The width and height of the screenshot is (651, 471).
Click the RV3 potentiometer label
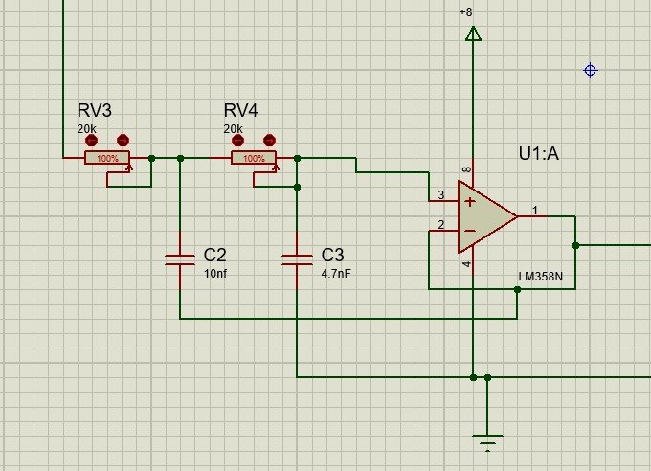click(x=95, y=111)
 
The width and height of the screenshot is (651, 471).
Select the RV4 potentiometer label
click(x=241, y=111)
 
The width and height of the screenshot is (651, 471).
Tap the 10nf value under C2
click(x=214, y=274)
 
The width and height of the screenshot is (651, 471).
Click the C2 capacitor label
click(x=214, y=256)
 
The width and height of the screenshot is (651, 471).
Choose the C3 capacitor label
click(x=332, y=256)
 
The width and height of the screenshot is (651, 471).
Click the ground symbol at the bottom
click(x=488, y=441)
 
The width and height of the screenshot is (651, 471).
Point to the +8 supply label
click(x=465, y=11)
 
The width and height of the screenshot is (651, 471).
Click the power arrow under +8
click(x=472, y=34)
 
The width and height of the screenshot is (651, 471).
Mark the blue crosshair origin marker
click(x=591, y=70)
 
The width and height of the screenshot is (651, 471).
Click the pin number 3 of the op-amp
click(x=441, y=195)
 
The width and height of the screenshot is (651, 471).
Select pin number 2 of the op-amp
click(x=441, y=225)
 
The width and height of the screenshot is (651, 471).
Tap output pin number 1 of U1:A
click(x=535, y=209)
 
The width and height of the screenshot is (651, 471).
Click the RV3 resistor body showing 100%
click(x=107, y=158)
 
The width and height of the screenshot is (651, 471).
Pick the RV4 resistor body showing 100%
click(x=254, y=158)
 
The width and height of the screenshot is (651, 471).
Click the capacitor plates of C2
click(x=180, y=258)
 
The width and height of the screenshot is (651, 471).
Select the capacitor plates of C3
click(x=297, y=258)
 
